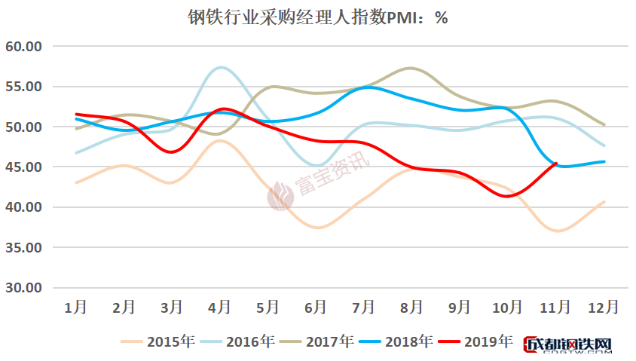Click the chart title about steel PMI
click(317, 17)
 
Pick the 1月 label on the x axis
click(76, 307)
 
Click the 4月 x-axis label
click(219, 307)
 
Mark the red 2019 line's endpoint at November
click(556, 163)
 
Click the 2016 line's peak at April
click(219, 68)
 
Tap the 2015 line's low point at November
click(556, 231)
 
